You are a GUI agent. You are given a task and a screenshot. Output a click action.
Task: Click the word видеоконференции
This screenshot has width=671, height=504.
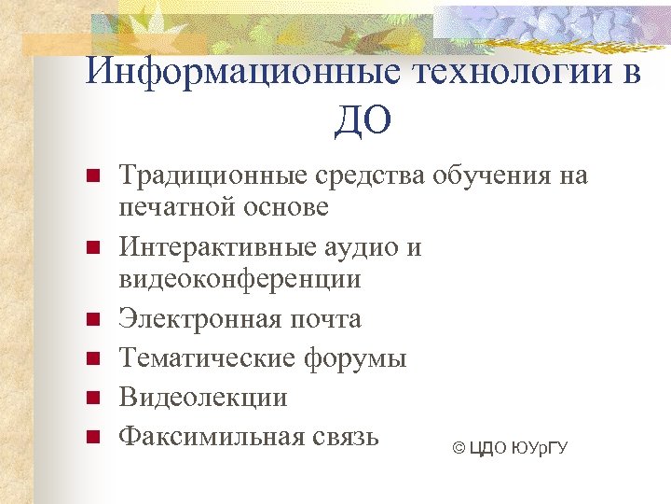click(240, 279)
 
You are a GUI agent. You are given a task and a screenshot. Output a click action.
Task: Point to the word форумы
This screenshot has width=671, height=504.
click(358, 358)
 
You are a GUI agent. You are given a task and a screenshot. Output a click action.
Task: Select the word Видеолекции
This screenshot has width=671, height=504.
click(202, 398)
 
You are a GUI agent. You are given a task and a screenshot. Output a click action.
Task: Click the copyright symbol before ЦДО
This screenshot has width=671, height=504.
click(458, 450)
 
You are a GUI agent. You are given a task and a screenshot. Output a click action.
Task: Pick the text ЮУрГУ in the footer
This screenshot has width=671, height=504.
click(540, 450)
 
